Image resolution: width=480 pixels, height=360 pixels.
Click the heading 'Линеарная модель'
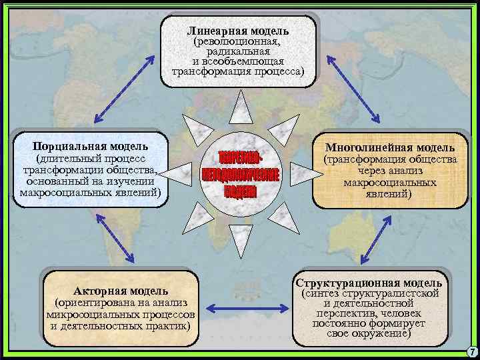click(238, 31)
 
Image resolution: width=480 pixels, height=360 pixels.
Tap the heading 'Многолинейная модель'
click(390, 147)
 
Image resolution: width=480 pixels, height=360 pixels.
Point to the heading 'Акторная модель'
click(121, 291)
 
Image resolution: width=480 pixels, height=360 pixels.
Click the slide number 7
click(471, 351)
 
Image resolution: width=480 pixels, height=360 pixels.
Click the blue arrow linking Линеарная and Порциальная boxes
click(127, 89)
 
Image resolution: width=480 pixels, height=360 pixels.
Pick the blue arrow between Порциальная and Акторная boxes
click(117, 237)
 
